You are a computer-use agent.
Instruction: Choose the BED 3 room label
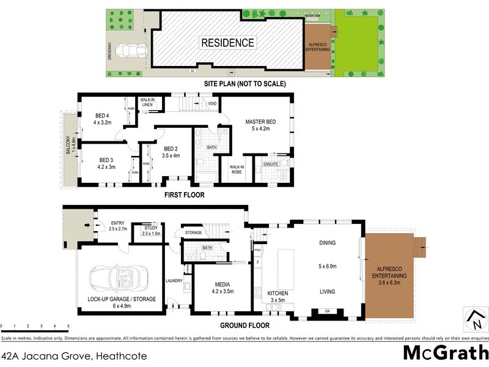pyautogui.click(x=105, y=159)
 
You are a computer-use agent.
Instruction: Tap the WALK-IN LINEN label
pyautogui.click(x=147, y=102)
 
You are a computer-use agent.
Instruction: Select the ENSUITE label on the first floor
pyautogui.click(x=270, y=163)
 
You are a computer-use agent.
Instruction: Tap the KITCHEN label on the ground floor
pyautogui.click(x=278, y=294)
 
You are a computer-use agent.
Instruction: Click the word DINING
pyautogui.click(x=328, y=243)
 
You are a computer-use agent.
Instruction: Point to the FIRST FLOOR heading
pyautogui.click(x=184, y=195)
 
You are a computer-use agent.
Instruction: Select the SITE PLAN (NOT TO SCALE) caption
pyautogui.click(x=245, y=84)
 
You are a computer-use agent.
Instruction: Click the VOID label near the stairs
pyautogui.click(x=212, y=104)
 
